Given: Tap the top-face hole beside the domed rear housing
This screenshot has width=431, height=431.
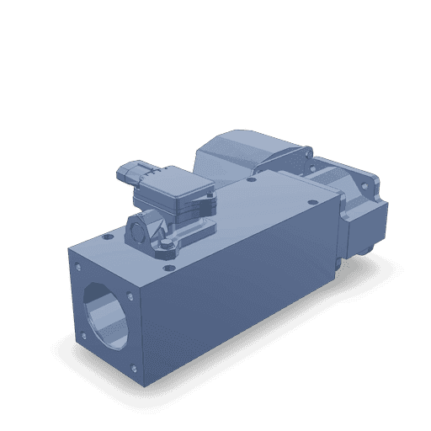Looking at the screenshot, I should coord(252,180).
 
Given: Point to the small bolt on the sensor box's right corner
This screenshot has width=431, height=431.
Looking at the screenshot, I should coord(206,202).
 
